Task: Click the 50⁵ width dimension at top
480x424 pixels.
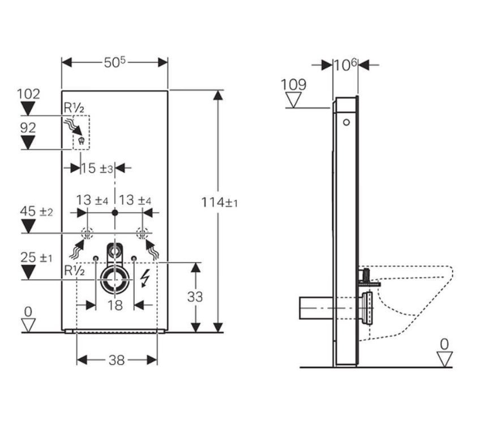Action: point(114,62)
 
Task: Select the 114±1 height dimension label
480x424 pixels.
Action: point(219,202)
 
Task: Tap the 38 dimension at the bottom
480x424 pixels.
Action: point(117,360)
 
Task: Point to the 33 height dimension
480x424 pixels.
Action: point(195,297)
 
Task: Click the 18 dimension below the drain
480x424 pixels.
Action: point(115,305)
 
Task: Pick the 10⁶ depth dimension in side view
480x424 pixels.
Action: point(345,65)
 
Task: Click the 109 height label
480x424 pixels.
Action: point(293,84)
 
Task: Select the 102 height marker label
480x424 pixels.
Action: point(28,94)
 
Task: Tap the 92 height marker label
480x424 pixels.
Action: point(28,128)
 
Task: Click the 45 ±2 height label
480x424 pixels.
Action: point(36,211)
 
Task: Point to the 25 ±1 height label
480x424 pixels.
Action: point(36,258)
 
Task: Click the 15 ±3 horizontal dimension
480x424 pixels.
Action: point(97,168)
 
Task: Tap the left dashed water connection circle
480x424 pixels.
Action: point(87,234)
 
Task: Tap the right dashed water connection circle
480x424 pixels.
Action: point(142,234)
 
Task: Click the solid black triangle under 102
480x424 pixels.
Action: point(28,109)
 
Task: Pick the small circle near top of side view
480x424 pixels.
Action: point(346,122)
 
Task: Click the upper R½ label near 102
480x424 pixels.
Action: point(74,108)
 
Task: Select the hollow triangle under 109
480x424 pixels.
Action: point(293,100)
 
